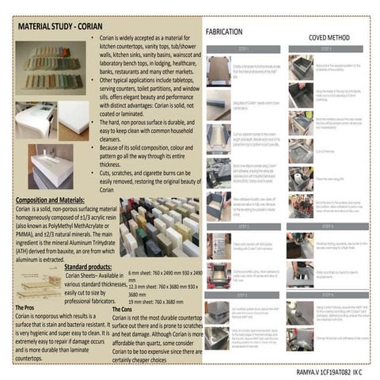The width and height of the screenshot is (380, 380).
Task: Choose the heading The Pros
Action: tap(28, 306)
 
